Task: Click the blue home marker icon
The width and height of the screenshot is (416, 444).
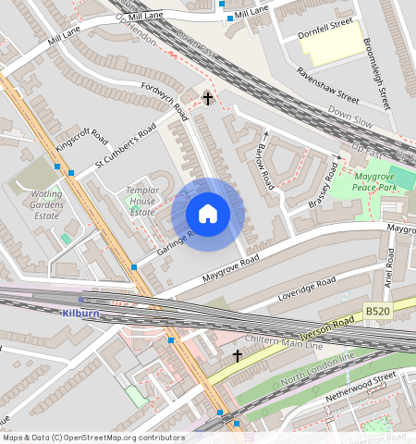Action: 208,215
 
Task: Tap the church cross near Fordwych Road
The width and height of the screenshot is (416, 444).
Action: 208,97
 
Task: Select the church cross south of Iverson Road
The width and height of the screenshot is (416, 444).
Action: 237,355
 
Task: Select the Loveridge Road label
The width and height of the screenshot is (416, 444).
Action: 307,289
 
